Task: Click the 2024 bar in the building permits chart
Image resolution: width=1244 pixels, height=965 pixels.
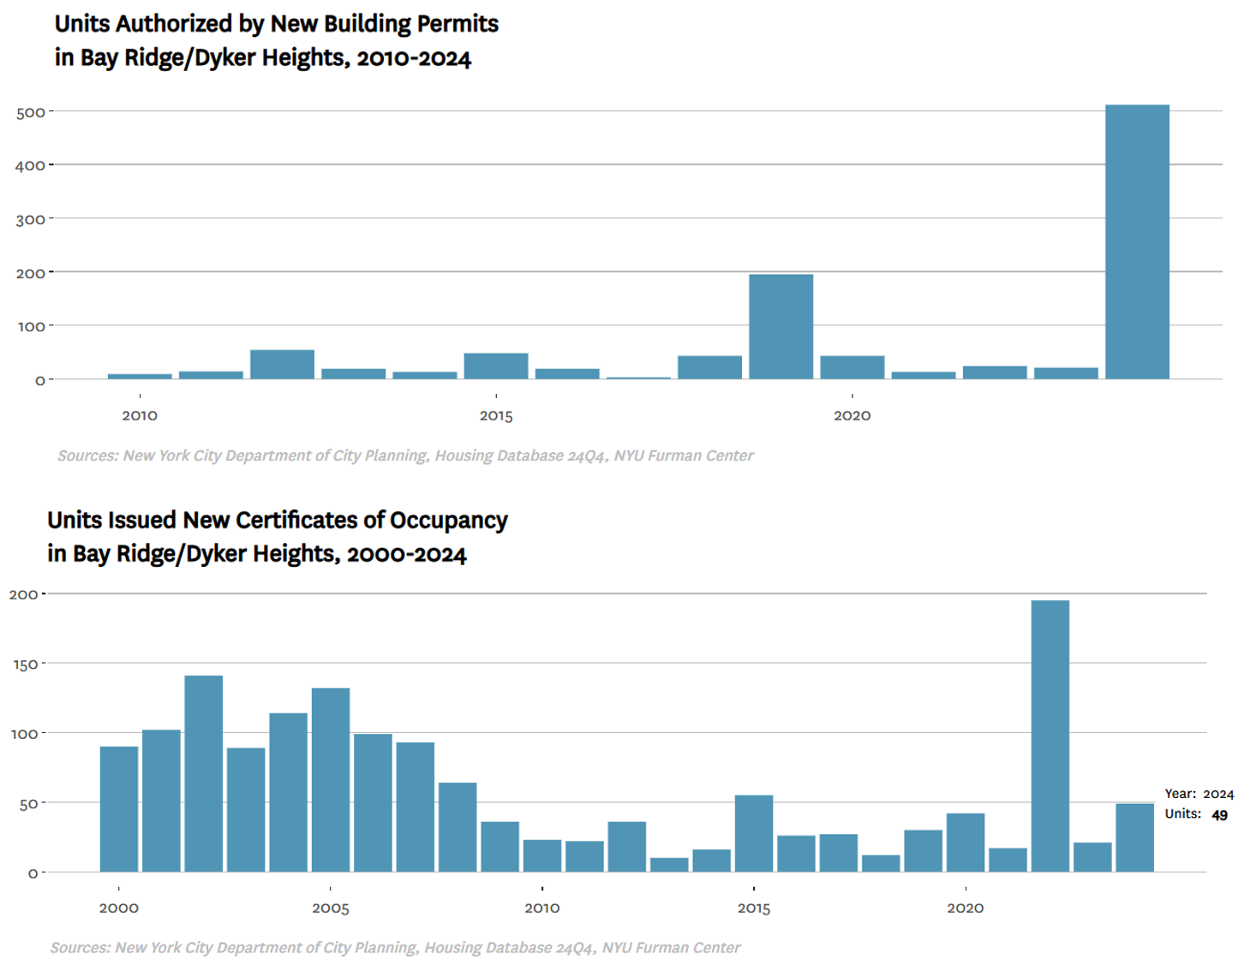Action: click(x=1137, y=241)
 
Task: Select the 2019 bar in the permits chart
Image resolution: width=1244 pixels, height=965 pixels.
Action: click(x=780, y=326)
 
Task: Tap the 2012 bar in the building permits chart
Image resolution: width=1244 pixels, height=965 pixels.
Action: click(x=282, y=364)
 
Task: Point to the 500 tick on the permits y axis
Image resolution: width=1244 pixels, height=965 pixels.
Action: click(x=30, y=112)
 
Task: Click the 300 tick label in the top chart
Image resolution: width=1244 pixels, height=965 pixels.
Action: click(x=30, y=220)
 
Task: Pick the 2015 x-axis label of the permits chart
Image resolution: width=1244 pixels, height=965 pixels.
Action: click(x=496, y=416)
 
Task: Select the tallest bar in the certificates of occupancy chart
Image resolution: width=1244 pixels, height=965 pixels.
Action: click(x=1050, y=736)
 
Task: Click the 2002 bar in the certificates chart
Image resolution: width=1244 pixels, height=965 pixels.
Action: click(x=203, y=773)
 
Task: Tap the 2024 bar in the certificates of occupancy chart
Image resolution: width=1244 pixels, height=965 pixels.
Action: click(x=1134, y=837)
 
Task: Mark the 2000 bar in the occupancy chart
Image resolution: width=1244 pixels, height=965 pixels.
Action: click(x=119, y=809)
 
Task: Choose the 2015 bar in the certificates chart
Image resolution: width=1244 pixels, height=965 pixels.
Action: click(x=754, y=833)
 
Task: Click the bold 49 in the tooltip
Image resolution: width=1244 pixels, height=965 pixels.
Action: click(x=1219, y=815)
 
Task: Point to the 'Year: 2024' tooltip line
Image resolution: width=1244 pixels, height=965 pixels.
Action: click(x=1199, y=794)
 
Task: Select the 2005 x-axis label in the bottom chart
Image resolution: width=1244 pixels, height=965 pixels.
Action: click(x=331, y=908)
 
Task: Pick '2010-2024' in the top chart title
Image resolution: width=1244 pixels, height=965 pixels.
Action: click(x=414, y=58)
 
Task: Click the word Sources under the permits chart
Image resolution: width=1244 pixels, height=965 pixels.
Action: click(x=87, y=456)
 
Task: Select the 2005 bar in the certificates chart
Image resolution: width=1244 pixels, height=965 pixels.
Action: click(x=331, y=780)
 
